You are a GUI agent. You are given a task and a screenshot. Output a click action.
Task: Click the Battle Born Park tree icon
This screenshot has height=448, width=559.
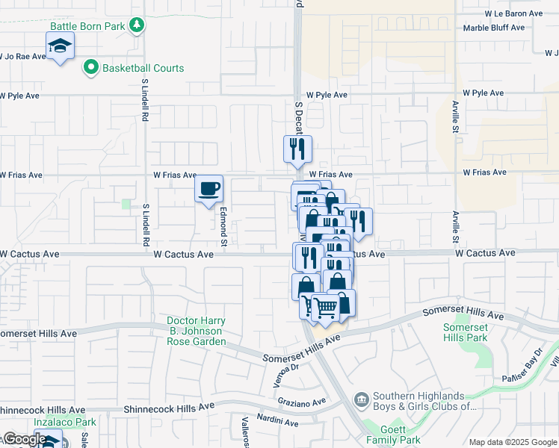136,25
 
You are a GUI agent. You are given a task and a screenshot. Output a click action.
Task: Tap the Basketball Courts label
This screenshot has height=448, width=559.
143,68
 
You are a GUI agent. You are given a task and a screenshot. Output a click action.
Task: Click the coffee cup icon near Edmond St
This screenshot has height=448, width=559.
209,187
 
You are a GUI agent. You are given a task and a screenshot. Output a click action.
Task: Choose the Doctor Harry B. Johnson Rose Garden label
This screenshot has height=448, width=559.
196,332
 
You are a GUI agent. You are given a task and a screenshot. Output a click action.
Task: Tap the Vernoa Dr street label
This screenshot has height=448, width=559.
285,372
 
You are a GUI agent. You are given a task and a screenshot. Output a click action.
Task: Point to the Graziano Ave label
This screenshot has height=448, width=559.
308,402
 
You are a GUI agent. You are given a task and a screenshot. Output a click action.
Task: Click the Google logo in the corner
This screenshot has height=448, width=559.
24,440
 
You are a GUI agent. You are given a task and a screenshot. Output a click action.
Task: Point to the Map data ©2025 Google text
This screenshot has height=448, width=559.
512,442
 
